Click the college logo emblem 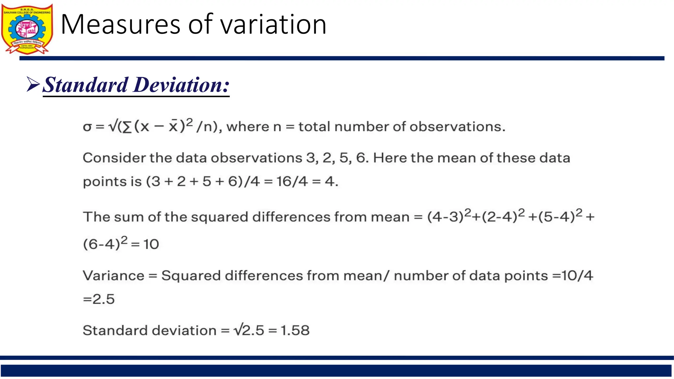27,29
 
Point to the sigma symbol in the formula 87,127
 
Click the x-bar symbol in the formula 173,126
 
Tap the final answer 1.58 295,330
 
